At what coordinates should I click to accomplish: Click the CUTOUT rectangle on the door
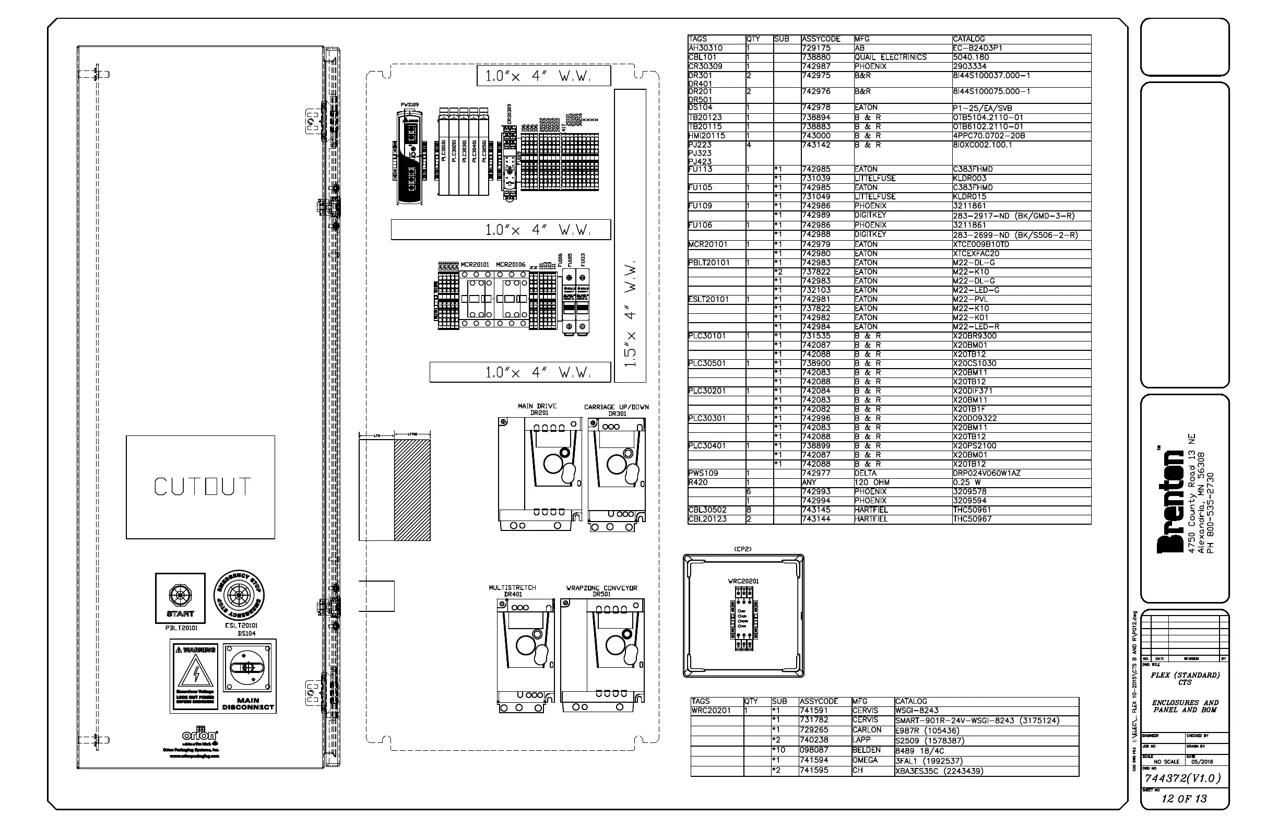click(x=200, y=487)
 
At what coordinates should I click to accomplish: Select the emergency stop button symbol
click(x=239, y=595)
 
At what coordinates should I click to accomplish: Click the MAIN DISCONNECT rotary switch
click(x=247, y=668)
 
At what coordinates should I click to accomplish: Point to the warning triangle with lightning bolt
click(x=196, y=671)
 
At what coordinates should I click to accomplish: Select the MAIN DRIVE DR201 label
click(x=538, y=409)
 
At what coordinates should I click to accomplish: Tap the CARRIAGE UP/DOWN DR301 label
click(x=616, y=410)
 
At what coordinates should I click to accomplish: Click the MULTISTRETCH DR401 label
click(x=512, y=590)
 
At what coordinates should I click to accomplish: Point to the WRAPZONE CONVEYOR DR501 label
click(x=601, y=591)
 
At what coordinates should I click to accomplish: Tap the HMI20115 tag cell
click(x=707, y=136)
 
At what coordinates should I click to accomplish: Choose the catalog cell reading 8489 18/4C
click(x=919, y=751)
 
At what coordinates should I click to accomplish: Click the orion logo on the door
click(x=200, y=735)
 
